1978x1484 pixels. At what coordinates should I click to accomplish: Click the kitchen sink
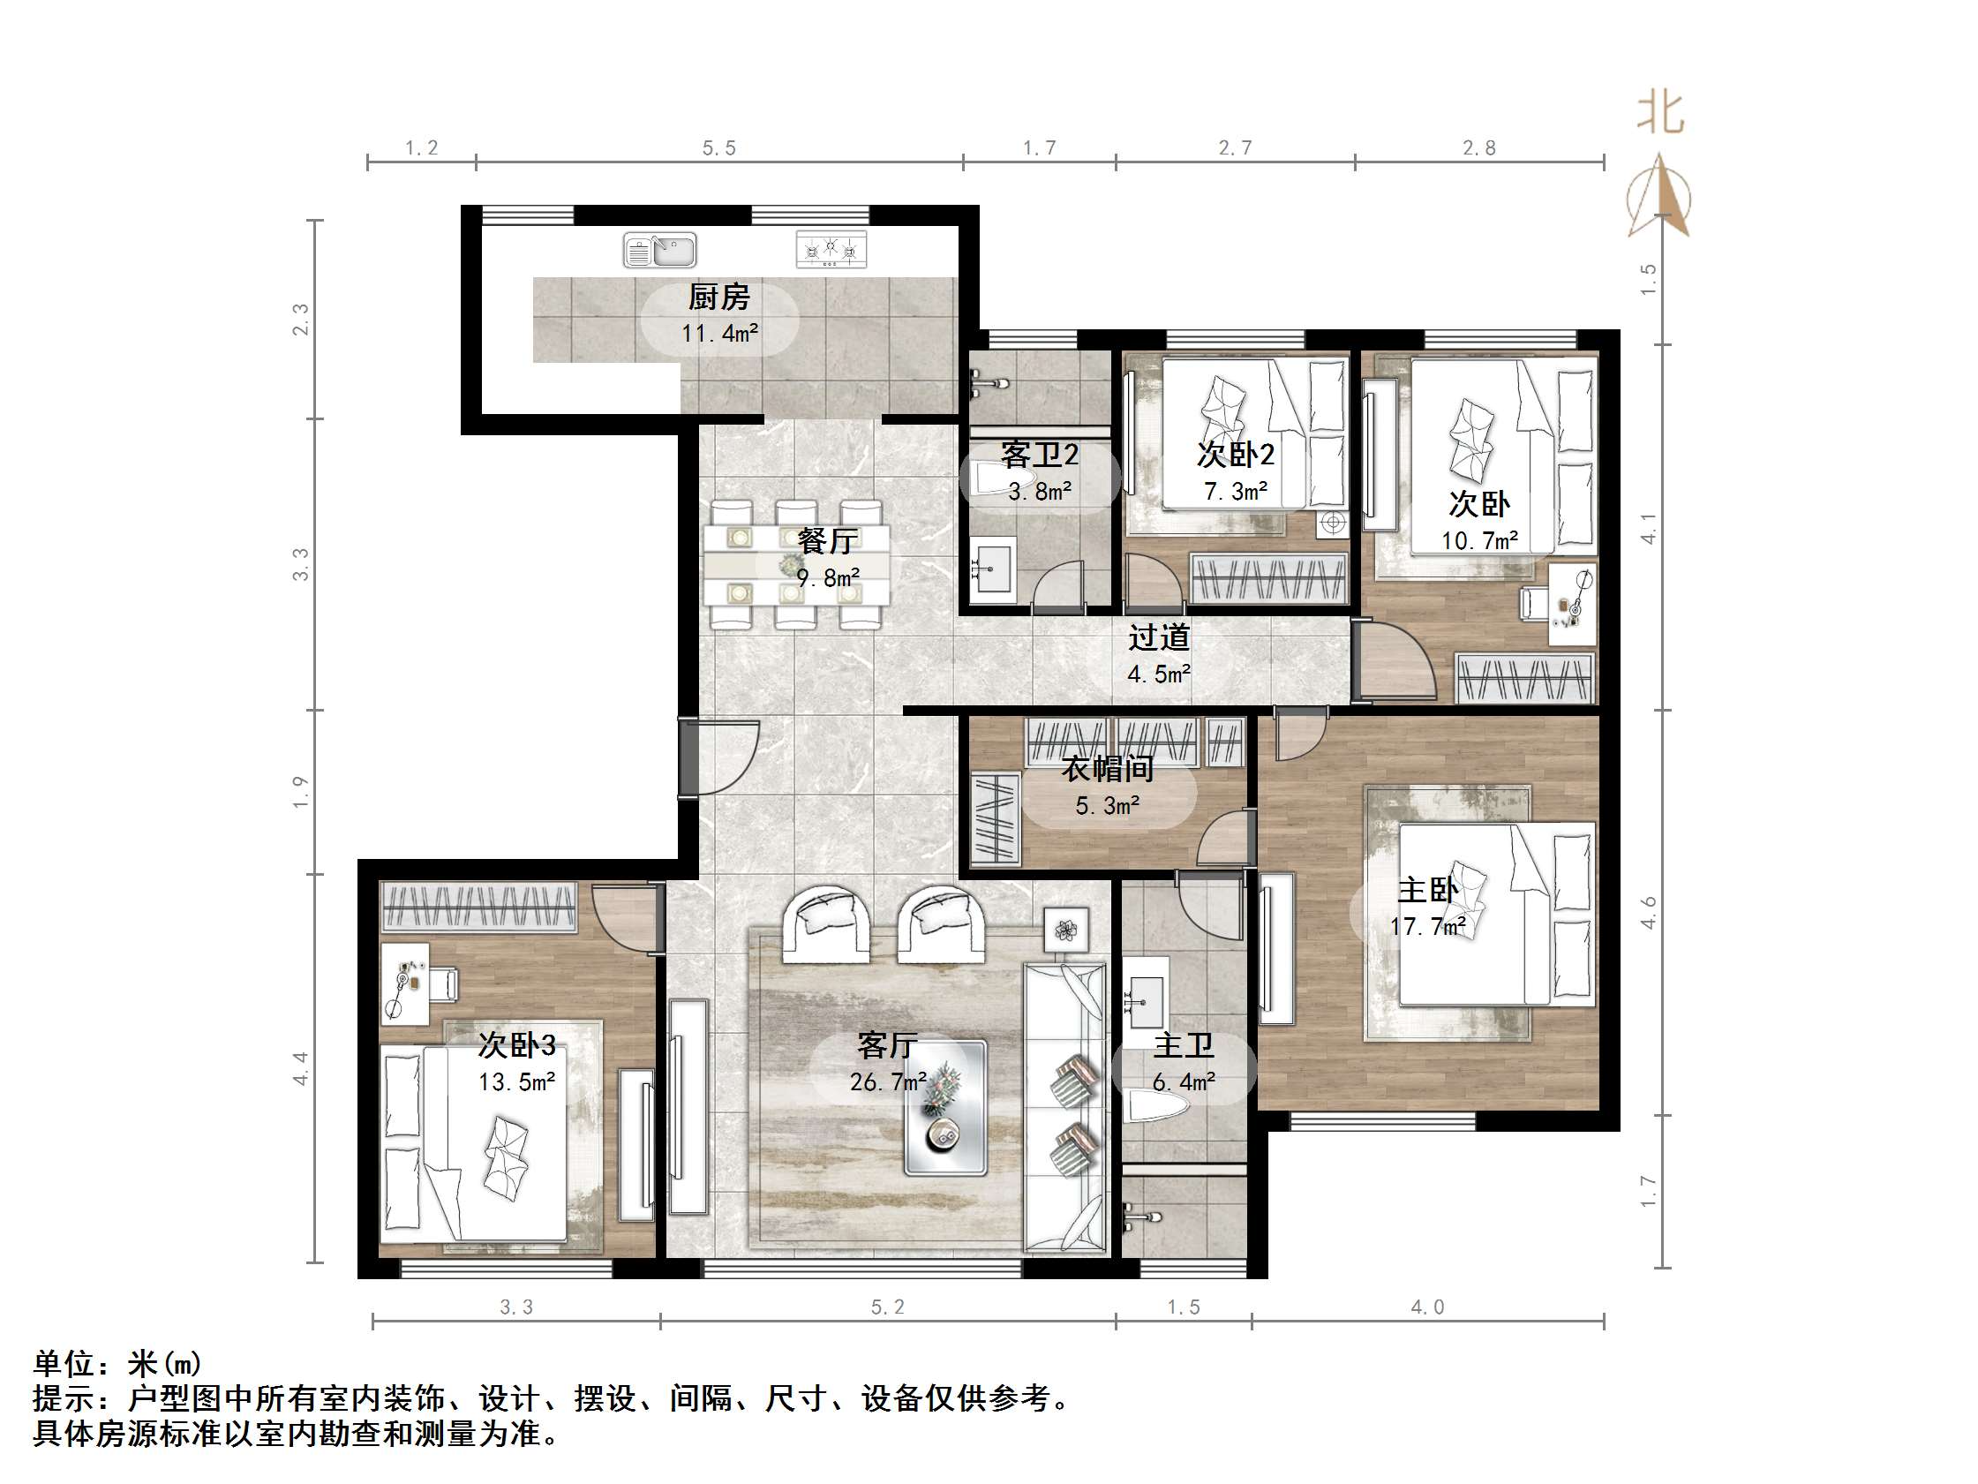click(659, 251)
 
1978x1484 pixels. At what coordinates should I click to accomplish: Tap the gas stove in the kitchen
click(831, 250)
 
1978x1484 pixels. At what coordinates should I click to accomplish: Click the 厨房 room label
click(719, 297)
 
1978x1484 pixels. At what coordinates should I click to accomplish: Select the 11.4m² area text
click(720, 334)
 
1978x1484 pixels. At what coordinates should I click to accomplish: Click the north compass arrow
click(1659, 195)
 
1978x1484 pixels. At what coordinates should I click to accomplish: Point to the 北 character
click(1660, 114)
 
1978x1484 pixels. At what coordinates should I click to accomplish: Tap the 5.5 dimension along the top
click(719, 147)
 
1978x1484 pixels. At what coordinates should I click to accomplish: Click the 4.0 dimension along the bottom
click(1427, 1307)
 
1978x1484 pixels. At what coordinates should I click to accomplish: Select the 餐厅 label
click(827, 541)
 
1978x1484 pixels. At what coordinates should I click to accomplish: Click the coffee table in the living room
click(945, 1106)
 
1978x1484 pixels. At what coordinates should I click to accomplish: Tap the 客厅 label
click(887, 1044)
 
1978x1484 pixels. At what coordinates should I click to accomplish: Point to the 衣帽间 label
click(1107, 768)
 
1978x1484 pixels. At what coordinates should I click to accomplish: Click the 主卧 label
click(1427, 889)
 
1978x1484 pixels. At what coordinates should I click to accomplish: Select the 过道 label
click(1159, 637)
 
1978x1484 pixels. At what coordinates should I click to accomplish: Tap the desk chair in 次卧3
click(444, 984)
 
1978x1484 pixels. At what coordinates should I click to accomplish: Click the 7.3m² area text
click(1235, 491)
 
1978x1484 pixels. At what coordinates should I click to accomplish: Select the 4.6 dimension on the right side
click(1648, 912)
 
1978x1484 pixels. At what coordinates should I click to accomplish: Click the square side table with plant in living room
click(1066, 930)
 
